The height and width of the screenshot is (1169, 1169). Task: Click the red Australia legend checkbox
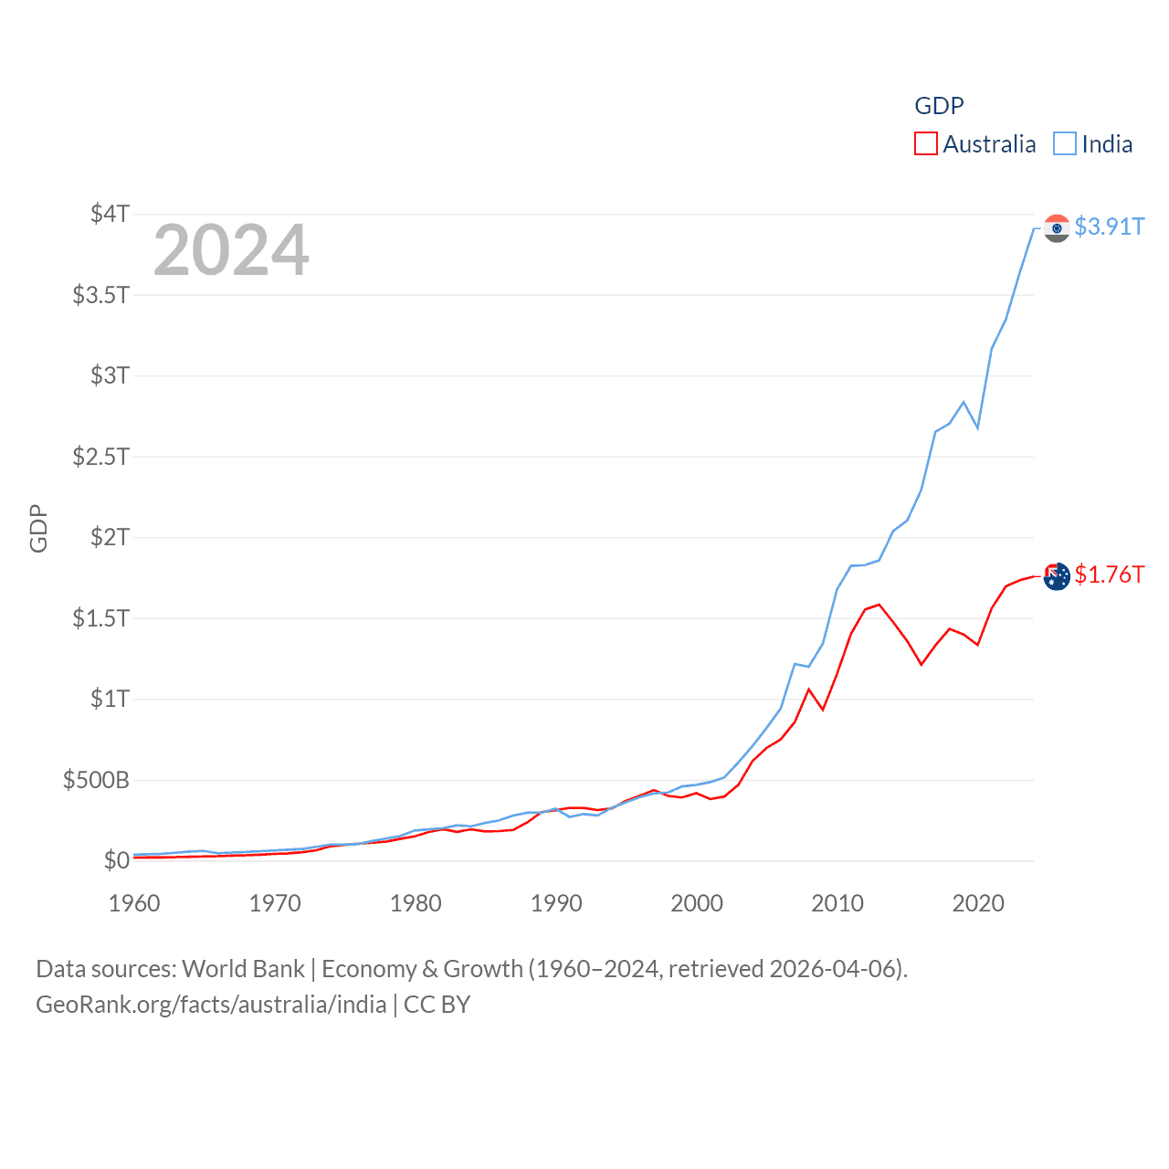pyautogui.click(x=925, y=144)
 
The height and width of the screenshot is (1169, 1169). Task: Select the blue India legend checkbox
pyautogui.click(x=1065, y=144)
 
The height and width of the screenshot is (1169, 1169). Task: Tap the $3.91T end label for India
pyautogui.click(x=1109, y=226)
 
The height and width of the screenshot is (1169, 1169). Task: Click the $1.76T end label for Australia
pyautogui.click(x=1109, y=574)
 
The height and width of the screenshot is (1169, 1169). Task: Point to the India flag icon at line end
pyautogui.click(x=1057, y=228)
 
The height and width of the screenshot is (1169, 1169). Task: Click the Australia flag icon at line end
pyautogui.click(x=1057, y=576)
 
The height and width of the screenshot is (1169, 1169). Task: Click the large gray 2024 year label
pyautogui.click(x=231, y=250)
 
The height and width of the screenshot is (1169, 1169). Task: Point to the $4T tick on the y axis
pyautogui.click(x=110, y=214)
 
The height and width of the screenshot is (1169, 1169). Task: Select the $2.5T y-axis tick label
pyautogui.click(x=100, y=456)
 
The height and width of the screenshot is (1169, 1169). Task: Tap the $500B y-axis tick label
pyautogui.click(x=96, y=780)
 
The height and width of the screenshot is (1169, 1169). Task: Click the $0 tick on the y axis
pyautogui.click(x=116, y=860)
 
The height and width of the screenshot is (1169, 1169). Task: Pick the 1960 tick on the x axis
pyautogui.click(x=134, y=903)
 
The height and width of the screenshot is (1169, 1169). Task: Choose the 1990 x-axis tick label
pyautogui.click(x=556, y=903)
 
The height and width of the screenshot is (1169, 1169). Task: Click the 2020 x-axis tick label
pyautogui.click(x=978, y=903)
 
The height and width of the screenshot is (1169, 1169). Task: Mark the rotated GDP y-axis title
pyautogui.click(x=38, y=528)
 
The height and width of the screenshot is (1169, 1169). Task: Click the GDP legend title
pyautogui.click(x=939, y=106)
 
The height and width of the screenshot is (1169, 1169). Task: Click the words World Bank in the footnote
pyautogui.click(x=243, y=969)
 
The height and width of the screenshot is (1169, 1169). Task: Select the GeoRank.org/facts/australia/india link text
pyautogui.click(x=211, y=1005)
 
